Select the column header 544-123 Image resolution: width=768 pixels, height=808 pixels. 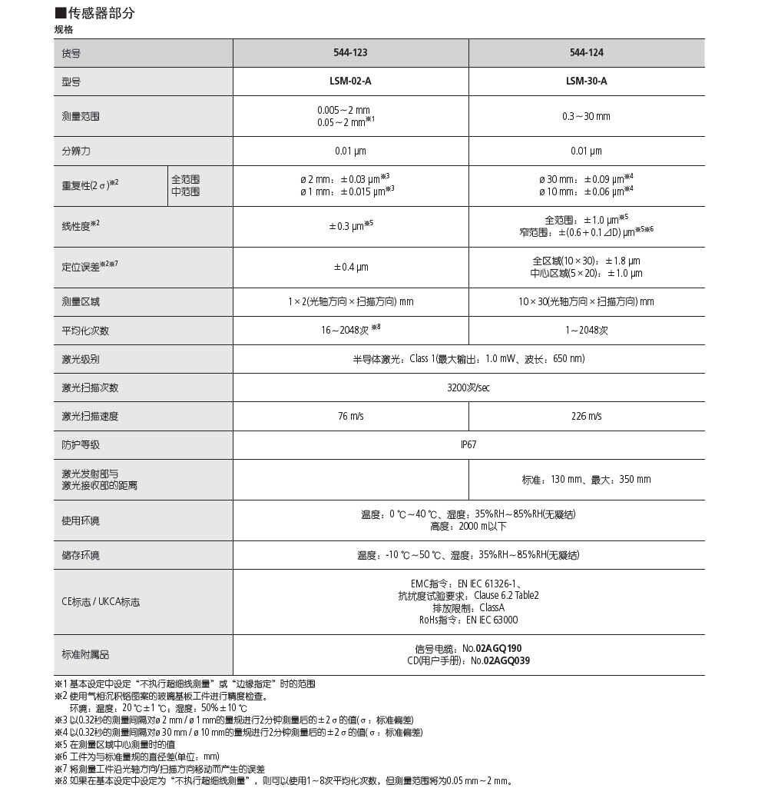click(x=350, y=53)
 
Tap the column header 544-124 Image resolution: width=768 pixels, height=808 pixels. click(x=587, y=53)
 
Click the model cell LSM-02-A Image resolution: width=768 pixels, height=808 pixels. click(x=350, y=81)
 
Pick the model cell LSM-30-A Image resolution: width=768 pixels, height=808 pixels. click(x=587, y=81)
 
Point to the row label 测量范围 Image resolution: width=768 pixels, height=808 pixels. click(x=81, y=117)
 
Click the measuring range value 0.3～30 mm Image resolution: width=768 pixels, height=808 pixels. click(x=587, y=117)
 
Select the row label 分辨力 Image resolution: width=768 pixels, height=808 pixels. click(x=76, y=151)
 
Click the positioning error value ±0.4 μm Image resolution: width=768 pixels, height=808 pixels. click(x=350, y=268)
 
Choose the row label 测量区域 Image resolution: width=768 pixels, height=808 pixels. click(x=81, y=302)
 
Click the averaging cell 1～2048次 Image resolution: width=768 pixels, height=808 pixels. click(x=587, y=331)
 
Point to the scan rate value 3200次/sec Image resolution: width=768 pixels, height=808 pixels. click(x=468, y=387)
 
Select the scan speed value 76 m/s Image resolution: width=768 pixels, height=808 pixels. click(x=350, y=416)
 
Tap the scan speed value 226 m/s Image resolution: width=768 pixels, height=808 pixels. click(x=587, y=416)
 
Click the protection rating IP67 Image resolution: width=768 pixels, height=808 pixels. click(x=468, y=444)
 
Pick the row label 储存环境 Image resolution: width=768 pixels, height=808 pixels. click(x=81, y=555)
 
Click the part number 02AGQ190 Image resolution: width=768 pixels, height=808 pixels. click(x=498, y=649)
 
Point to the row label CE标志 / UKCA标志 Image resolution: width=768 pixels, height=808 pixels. click(x=101, y=603)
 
